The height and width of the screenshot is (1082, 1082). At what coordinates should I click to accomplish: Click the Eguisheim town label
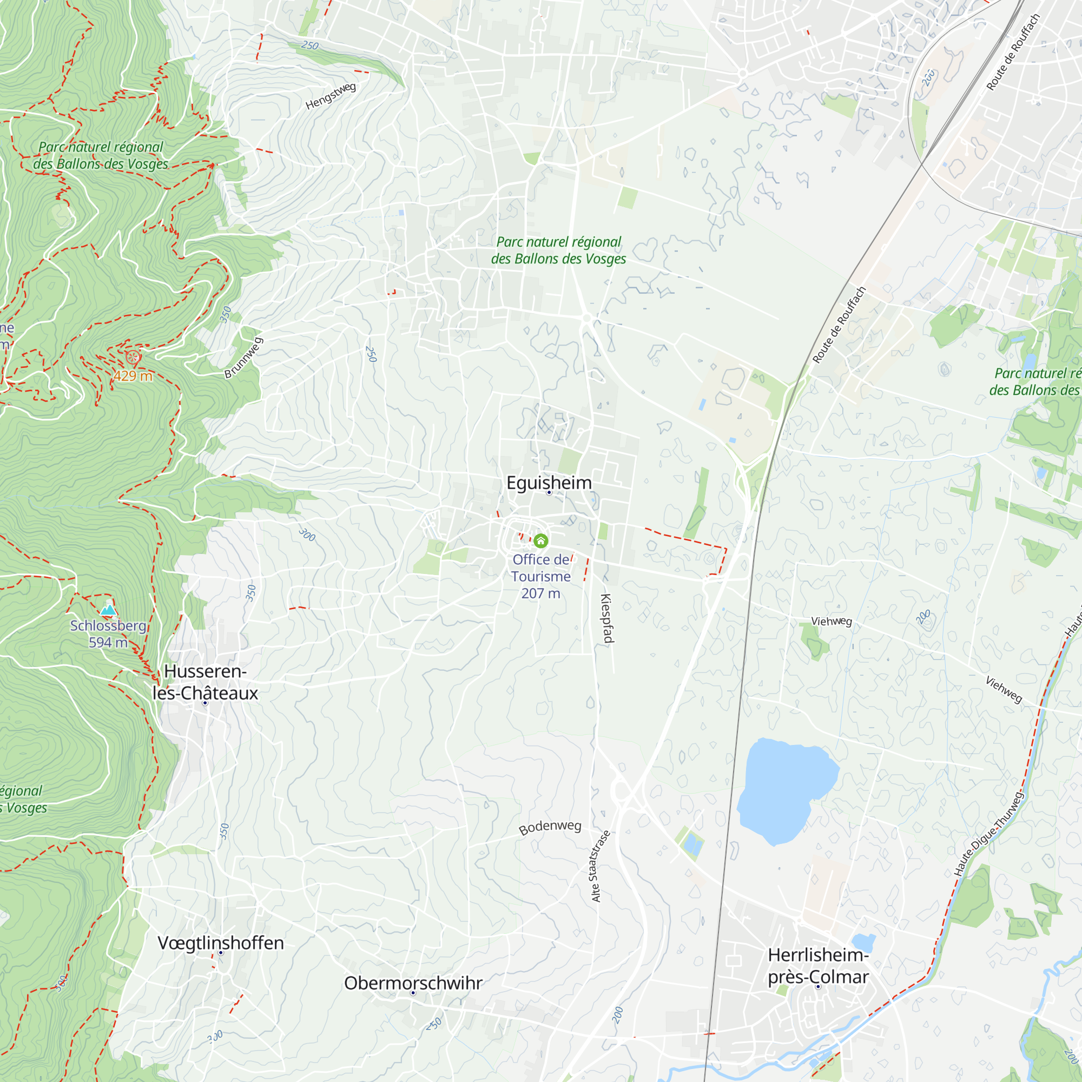point(548,482)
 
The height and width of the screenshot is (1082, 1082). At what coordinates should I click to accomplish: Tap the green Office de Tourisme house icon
point(540,540)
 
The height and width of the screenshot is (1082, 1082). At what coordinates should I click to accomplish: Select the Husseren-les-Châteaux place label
point(205,682)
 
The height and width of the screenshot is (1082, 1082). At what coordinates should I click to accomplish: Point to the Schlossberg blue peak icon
point(108,609)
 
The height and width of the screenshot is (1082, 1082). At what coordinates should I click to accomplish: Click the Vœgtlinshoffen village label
point(221,942)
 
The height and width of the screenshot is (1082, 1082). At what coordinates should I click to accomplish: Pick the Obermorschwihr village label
point(413,983)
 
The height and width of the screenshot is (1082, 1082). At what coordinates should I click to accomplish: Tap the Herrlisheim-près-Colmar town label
point(817,966)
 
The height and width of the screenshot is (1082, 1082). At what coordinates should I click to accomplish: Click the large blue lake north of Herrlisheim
point(784,790)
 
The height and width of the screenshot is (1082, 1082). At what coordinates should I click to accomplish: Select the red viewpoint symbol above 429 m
point(133,357)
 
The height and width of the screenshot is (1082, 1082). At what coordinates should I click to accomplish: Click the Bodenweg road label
point(550,828)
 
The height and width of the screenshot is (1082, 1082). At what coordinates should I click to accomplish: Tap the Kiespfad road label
point(607,618)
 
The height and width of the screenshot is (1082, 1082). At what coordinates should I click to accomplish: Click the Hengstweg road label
point(331,96)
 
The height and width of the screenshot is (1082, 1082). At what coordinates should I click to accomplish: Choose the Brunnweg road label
point(243,357)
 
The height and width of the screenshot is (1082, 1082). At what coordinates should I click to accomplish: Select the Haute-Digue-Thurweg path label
point(988,833)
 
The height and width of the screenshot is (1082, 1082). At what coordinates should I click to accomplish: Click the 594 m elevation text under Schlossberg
point(108,642)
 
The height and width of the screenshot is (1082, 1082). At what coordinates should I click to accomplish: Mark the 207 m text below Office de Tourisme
point(540,593)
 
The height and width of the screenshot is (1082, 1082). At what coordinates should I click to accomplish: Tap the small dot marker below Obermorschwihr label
point(413,993)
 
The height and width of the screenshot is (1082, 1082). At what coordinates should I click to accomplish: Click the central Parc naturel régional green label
point(558,250)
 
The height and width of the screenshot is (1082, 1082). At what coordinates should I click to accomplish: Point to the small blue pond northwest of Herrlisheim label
point(862,942)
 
